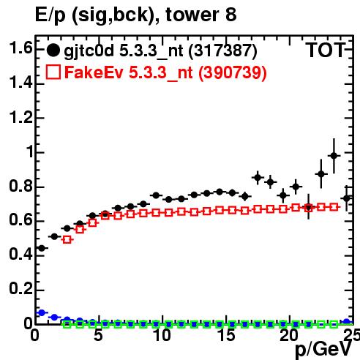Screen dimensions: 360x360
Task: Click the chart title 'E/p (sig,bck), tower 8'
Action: click(135, 15)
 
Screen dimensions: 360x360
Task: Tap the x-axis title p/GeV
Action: click(323, 349)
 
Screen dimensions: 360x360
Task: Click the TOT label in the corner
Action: click(326, 50)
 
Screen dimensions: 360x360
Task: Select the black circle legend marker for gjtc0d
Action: click(53, 50)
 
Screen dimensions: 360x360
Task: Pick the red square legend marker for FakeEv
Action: click(53, 72)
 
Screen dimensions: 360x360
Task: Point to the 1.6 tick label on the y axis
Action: click(20, 48)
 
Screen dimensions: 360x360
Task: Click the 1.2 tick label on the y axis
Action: click(20, 117)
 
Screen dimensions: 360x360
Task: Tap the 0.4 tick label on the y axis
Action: click(20, 254)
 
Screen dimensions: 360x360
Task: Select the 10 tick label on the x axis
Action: click(162, 335)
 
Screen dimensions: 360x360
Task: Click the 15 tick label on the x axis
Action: click(226, 335)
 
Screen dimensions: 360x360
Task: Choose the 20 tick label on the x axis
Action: click(289, 335)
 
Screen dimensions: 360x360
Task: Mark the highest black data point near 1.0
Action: click(334, 156)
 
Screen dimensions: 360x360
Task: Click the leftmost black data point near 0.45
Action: click(42, 248)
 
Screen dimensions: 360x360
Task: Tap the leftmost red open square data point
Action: click(67, 239)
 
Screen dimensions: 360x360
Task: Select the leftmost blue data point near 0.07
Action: click(42, 312)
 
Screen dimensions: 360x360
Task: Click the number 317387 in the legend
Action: click(223, 50)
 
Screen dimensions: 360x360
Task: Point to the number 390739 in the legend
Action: click(233, 72)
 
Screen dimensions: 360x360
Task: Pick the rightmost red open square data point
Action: click(334, 207)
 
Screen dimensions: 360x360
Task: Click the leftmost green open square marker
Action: click(67, 325)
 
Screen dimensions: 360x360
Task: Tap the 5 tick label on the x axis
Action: click(98, 335)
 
